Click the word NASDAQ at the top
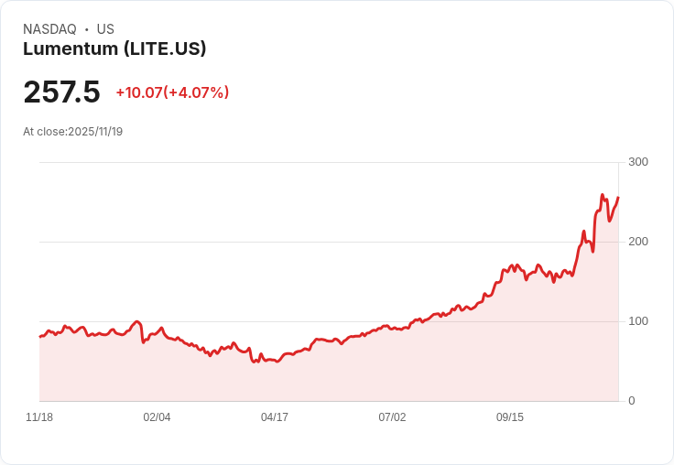(49, 29)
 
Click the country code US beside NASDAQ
(105, 29)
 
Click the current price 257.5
(61, 92)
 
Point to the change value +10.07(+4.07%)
(172, 92)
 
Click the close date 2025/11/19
(95, 132)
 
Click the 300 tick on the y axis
(638, 162)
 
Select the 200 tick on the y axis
(638, 242)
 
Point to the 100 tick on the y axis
(638, 321)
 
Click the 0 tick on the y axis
(632, 401)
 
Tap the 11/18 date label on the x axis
(39, 417)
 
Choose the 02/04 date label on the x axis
(157, 417)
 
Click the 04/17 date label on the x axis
(275, 417)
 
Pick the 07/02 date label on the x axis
(392, 417)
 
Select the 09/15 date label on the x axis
(510, 417)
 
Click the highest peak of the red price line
(602, 195)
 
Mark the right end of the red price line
(618, 198)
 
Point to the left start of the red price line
(39, 337)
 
